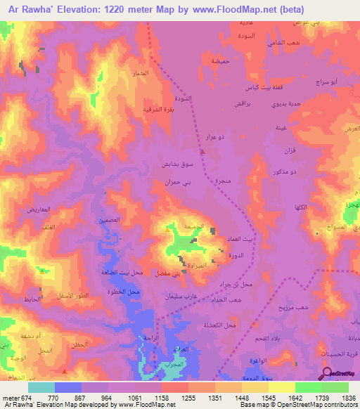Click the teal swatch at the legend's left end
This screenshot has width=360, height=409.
click(x=41, y=387)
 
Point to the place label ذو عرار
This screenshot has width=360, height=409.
click(x=214, y=137)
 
